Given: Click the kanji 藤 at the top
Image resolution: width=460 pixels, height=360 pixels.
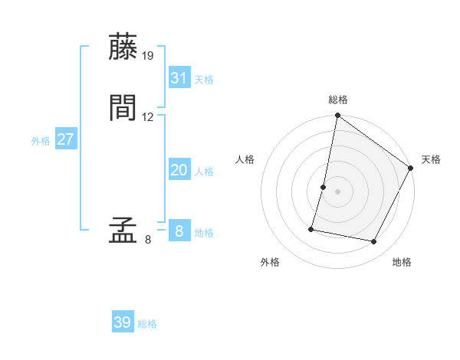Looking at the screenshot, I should coord(123,47).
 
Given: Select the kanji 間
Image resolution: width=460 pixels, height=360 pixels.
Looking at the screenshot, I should coord(123,108).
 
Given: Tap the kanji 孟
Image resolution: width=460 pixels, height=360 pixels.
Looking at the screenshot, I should coord(123,231).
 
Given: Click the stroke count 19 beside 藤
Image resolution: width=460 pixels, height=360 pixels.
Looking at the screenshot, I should coord(148,55).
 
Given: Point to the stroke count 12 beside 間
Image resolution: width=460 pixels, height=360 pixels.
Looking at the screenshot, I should coord(148,117).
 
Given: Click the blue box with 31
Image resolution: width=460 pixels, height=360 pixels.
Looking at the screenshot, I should coord(179,78).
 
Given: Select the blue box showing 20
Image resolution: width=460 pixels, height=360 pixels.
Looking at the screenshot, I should coord(179,170).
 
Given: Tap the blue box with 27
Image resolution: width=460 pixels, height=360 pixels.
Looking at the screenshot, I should coord(66,139).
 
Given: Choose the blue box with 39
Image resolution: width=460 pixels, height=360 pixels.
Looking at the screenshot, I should coord(123,322).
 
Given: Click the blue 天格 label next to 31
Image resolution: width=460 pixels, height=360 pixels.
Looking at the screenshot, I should coord(204,80).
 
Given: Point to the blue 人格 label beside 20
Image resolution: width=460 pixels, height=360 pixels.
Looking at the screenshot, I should coord(204,172).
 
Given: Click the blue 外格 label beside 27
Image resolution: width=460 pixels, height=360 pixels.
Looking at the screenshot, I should coord(41,141).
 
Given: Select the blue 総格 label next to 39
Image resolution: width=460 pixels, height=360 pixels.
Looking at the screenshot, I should coord(147,324).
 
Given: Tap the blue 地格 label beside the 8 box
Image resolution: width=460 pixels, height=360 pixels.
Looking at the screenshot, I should coord(204,233).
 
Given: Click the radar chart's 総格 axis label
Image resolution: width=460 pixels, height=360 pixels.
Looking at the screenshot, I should coord(338,100).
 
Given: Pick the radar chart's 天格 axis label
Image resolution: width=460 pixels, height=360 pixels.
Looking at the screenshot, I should coord(431,159).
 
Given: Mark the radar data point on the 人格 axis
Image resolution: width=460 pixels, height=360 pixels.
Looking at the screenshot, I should coord(324,187).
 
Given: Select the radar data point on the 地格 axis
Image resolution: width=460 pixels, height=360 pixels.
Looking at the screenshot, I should coord(374,242).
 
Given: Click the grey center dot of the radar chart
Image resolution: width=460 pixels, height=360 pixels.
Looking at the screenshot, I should coord(338,191).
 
